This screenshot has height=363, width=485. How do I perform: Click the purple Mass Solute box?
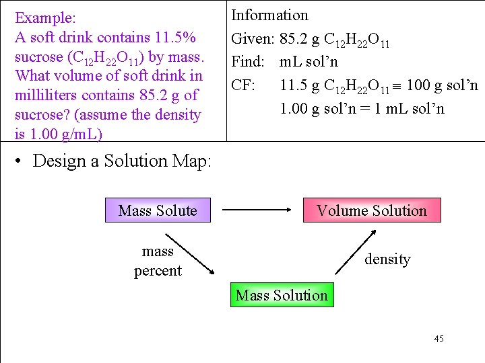158,210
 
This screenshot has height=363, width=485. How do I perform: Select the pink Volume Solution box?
372,210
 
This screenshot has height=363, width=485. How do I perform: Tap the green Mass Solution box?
282,295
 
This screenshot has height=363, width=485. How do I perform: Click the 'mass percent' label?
158,261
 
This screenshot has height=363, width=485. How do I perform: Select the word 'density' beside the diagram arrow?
387,259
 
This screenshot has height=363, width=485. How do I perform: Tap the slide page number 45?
439,339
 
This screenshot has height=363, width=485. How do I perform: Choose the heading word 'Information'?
269,15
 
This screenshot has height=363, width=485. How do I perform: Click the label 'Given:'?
253,39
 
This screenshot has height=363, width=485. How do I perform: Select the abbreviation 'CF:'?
243,85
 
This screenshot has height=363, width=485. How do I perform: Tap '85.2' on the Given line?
294,39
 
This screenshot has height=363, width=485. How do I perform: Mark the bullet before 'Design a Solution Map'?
22,161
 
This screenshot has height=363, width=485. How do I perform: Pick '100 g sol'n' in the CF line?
443,85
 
